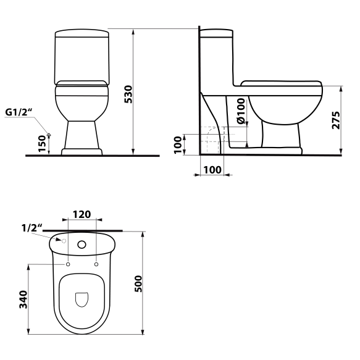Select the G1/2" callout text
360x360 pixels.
(x=19, y=112)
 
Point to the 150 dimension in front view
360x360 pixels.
(x=42, y=144)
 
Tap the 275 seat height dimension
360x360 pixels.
(x=335, y=120)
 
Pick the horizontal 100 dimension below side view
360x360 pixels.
(x=212, y=169)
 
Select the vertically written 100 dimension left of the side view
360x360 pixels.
(x=178, y=145)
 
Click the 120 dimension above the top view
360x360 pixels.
(x=82, y=214)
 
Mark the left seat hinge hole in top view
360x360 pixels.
(x=67, y=264)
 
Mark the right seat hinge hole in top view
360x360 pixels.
(x=97, y=264)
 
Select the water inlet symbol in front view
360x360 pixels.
(x=49, y=135)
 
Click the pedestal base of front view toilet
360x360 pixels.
(x=82, y=139)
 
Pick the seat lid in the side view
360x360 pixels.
(x=281, y=85)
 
